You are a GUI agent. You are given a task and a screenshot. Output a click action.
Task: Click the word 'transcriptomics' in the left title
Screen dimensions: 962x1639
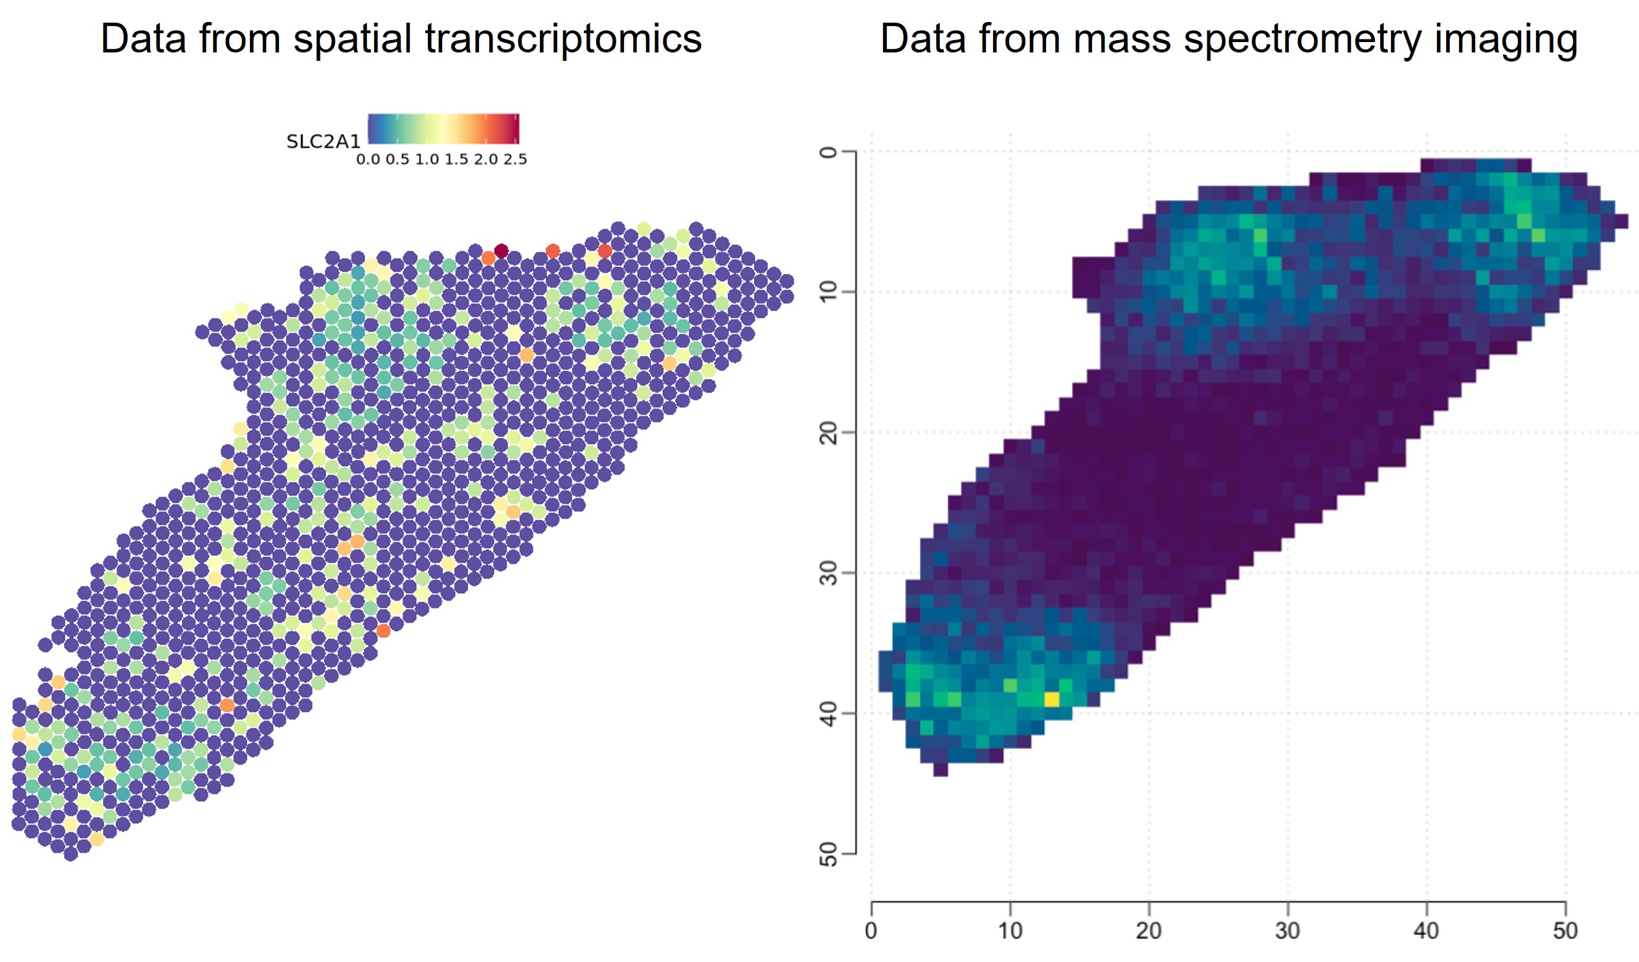tap(563, 39)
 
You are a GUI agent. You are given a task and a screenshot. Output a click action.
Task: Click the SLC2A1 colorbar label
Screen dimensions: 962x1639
tap(323, 142)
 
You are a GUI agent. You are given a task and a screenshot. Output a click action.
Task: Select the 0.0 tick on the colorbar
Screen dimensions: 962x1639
tap(368, 159)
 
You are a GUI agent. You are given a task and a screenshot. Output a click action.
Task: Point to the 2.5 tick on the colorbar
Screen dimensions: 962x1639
tap(515, 159)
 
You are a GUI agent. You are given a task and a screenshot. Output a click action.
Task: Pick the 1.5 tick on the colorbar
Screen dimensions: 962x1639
tap(456, 159)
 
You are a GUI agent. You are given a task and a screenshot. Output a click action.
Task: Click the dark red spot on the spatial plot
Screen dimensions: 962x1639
tap(501, 251)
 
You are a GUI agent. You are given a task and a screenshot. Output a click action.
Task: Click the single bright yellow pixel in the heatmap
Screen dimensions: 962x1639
tap(1052, 699)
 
